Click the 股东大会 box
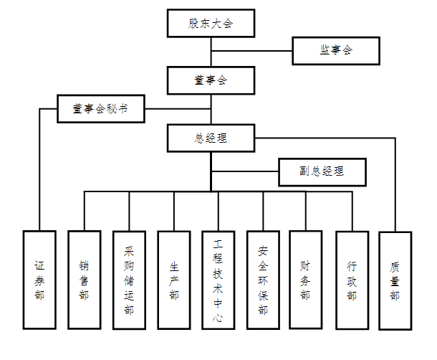pos(211,24)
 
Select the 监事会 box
pos(336,51)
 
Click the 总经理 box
pos(211,138)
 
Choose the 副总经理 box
pos(322,171)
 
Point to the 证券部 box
pos(39,280)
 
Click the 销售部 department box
pos(85,280)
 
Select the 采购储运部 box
pos(130,280)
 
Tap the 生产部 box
pos(174,280)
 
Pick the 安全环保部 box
pos(263,280)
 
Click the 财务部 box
pos(306,280)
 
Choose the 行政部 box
pos(352,280)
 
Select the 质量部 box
pos(395,280)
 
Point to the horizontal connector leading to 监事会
pos(251,51)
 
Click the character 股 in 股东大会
pos(193,24)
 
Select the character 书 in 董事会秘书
pos(123,110)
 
